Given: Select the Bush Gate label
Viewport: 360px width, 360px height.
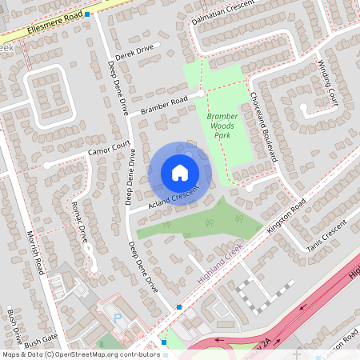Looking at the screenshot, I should coord(41,344).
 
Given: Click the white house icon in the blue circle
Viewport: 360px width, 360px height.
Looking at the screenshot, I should coord(180,172).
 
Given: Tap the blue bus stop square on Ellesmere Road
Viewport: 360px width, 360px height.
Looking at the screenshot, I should coord(87,14).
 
